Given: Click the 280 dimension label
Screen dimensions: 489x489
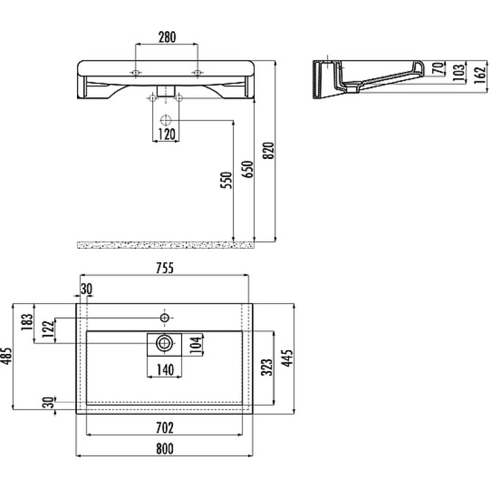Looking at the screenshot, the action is click(x=167, y=37).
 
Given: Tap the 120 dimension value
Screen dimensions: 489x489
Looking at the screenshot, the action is click(x=166, y=134).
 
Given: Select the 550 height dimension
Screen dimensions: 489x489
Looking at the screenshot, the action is click(x=226, y=180).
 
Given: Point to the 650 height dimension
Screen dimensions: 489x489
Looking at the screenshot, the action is click(x=248, y=169).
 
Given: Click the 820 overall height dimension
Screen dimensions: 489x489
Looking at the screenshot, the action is click(x=268, y=150).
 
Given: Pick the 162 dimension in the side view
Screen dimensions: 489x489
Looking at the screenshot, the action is click(x=480, y=75).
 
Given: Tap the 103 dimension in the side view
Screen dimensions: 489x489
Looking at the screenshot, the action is click(x=459, y=73).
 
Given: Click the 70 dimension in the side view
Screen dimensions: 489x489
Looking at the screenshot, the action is click(x=438, y=68).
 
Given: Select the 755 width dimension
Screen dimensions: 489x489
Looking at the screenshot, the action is click(x=164, y=268).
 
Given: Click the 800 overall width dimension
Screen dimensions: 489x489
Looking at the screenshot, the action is click(x=164, y=449).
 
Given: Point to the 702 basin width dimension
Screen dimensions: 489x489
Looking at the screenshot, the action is click(x=164, y=427).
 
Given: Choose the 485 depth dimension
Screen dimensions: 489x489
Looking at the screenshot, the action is click(x=7, y=356).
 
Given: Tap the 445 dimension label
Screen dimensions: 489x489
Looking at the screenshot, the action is click(x=287, y=358).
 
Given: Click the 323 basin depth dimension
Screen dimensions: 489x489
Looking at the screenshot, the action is click(x=267, y=367).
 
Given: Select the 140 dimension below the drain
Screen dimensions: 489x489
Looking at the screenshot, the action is click(x=164, y=370).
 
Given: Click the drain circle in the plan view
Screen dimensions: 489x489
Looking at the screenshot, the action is click(x=164, y=344).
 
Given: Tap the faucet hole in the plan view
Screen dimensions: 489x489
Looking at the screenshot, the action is click(x=164, y=318).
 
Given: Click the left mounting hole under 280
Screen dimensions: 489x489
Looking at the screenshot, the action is click(x=135, y=73).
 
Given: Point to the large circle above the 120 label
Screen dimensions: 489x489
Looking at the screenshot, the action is click(x=166, y=120).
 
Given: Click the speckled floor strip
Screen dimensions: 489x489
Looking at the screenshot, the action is click(x=165, y=245).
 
